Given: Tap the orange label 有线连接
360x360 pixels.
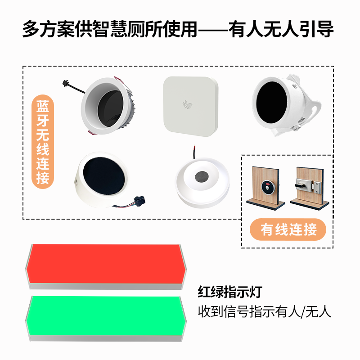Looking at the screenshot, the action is (x=288, y=229).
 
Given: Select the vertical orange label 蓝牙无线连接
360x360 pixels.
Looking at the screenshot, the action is (x=43, y=142).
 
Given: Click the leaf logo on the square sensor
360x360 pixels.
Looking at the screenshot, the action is (x=187, y=104).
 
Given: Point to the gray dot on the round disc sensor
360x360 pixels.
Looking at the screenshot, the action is (x=202, y=176).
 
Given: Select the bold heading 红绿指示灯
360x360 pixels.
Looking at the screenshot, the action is (x=230, y=292).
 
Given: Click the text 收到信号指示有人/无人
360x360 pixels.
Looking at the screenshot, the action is (x=265, y=311).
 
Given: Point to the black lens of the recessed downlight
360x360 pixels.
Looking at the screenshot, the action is (x=110, y=108).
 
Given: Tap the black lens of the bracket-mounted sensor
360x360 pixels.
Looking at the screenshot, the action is (x=271, y=102).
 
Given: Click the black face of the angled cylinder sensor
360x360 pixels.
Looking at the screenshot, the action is (x=104, y=177).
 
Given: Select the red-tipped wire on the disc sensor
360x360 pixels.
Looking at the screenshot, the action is (x=194, y=151).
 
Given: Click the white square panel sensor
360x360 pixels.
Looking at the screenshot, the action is (x=190, y=106).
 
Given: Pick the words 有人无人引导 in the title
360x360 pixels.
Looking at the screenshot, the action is (x=282, y=29).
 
